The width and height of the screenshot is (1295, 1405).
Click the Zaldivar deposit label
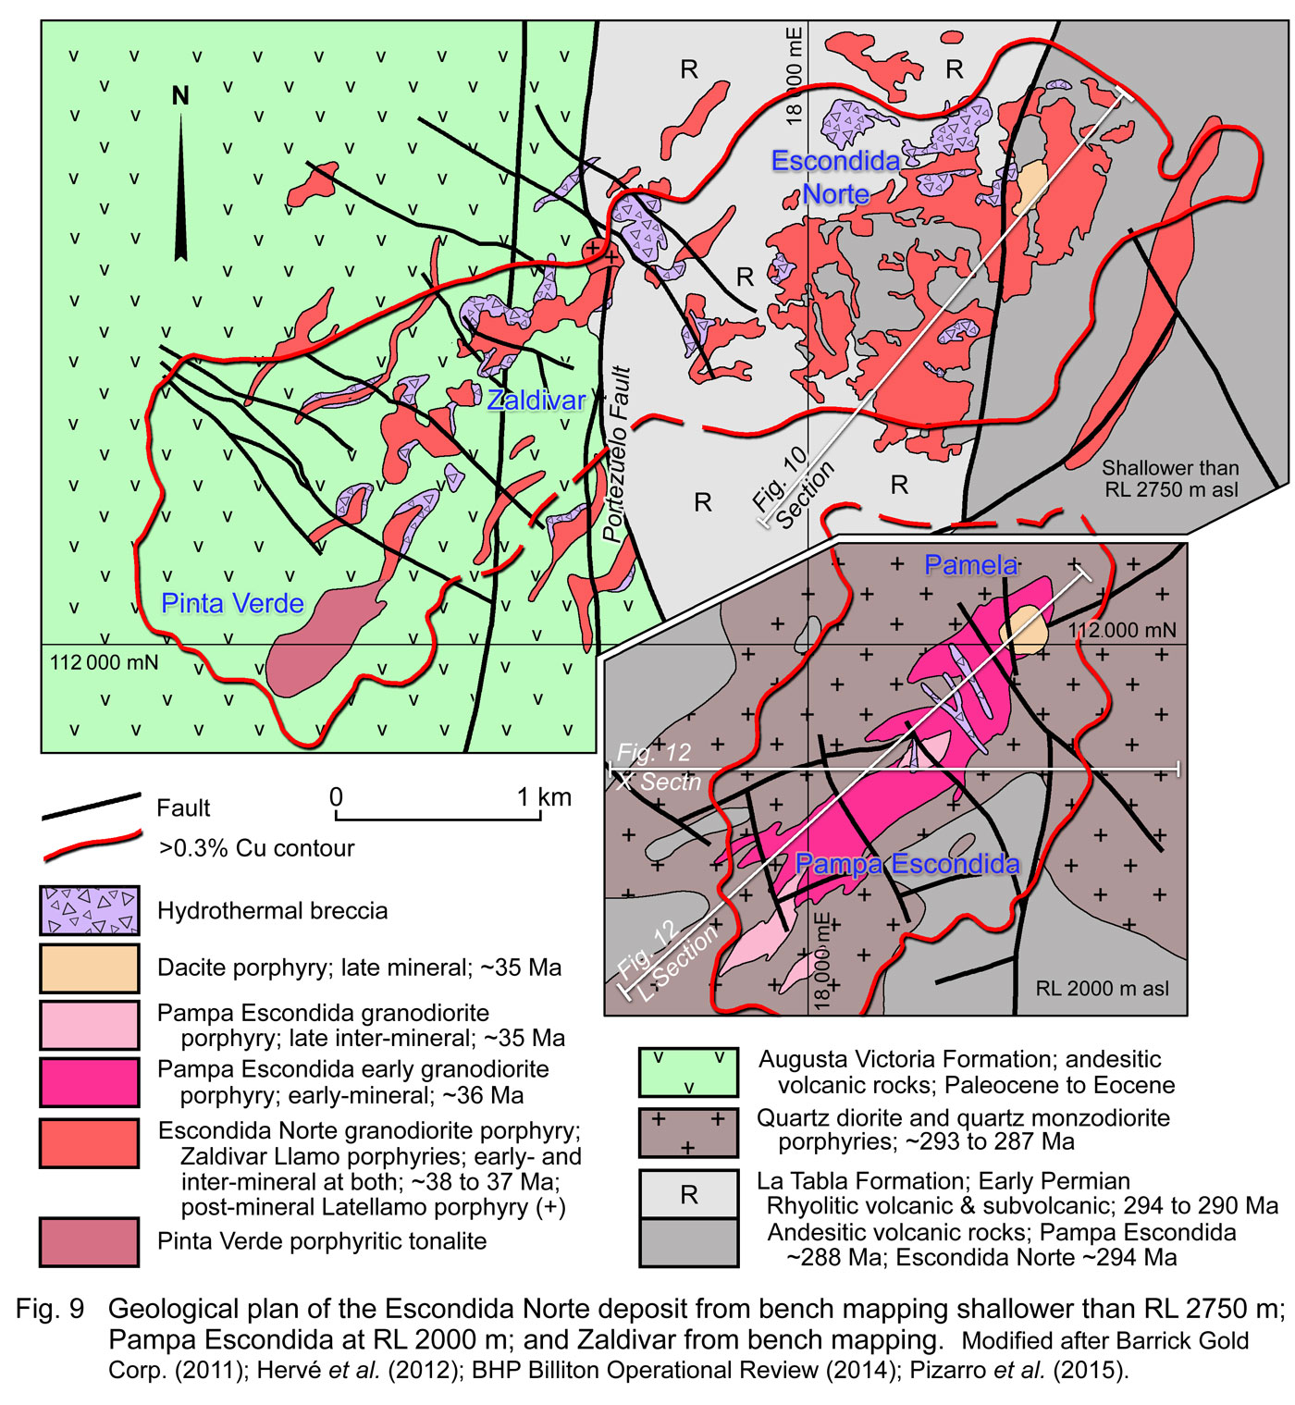536,401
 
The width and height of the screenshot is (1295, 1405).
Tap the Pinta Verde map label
232,604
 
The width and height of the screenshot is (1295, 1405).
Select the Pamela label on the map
971,565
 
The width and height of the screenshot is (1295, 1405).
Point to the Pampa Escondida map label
906,865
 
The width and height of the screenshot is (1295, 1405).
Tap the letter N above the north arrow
180,95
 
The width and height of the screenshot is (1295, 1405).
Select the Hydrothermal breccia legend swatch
90,911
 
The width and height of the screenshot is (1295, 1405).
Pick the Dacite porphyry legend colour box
90,967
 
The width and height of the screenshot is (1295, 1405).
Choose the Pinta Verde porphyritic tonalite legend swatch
90,1241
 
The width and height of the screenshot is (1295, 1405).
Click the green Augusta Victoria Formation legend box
688,1072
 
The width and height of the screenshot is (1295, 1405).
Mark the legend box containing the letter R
688,1194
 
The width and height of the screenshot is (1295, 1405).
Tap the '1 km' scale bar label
544,797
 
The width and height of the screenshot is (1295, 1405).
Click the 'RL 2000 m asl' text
1102,989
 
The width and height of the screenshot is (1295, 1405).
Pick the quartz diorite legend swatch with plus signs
688,1132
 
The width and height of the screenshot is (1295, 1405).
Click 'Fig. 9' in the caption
50,1309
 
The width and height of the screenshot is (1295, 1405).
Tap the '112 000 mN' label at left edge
104,663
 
